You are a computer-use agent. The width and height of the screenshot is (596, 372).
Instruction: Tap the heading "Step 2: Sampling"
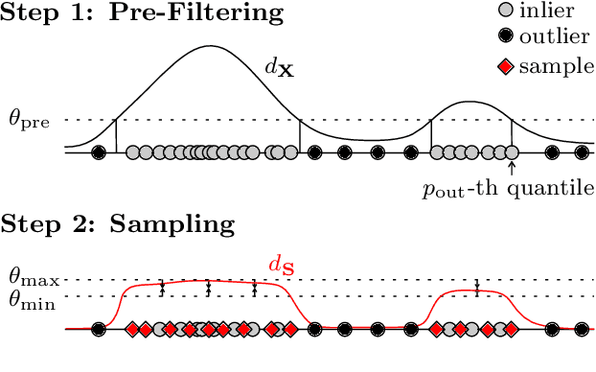coord(117,224)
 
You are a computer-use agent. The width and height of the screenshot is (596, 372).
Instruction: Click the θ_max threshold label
coord(33,280)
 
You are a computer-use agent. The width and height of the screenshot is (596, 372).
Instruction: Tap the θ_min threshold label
coord(33,297)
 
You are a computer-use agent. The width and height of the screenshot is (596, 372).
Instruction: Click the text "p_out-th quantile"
coord(508,189)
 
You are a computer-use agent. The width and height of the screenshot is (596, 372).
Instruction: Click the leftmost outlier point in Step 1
coord(98,152)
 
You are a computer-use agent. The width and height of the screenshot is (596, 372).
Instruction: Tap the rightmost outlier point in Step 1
coord(581,152)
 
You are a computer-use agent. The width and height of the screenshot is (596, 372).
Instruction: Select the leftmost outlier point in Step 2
coord(98,330)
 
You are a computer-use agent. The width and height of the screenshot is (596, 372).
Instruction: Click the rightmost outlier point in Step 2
coord(581,330)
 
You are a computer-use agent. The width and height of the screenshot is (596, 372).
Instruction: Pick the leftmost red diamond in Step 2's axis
coord(133,330)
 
